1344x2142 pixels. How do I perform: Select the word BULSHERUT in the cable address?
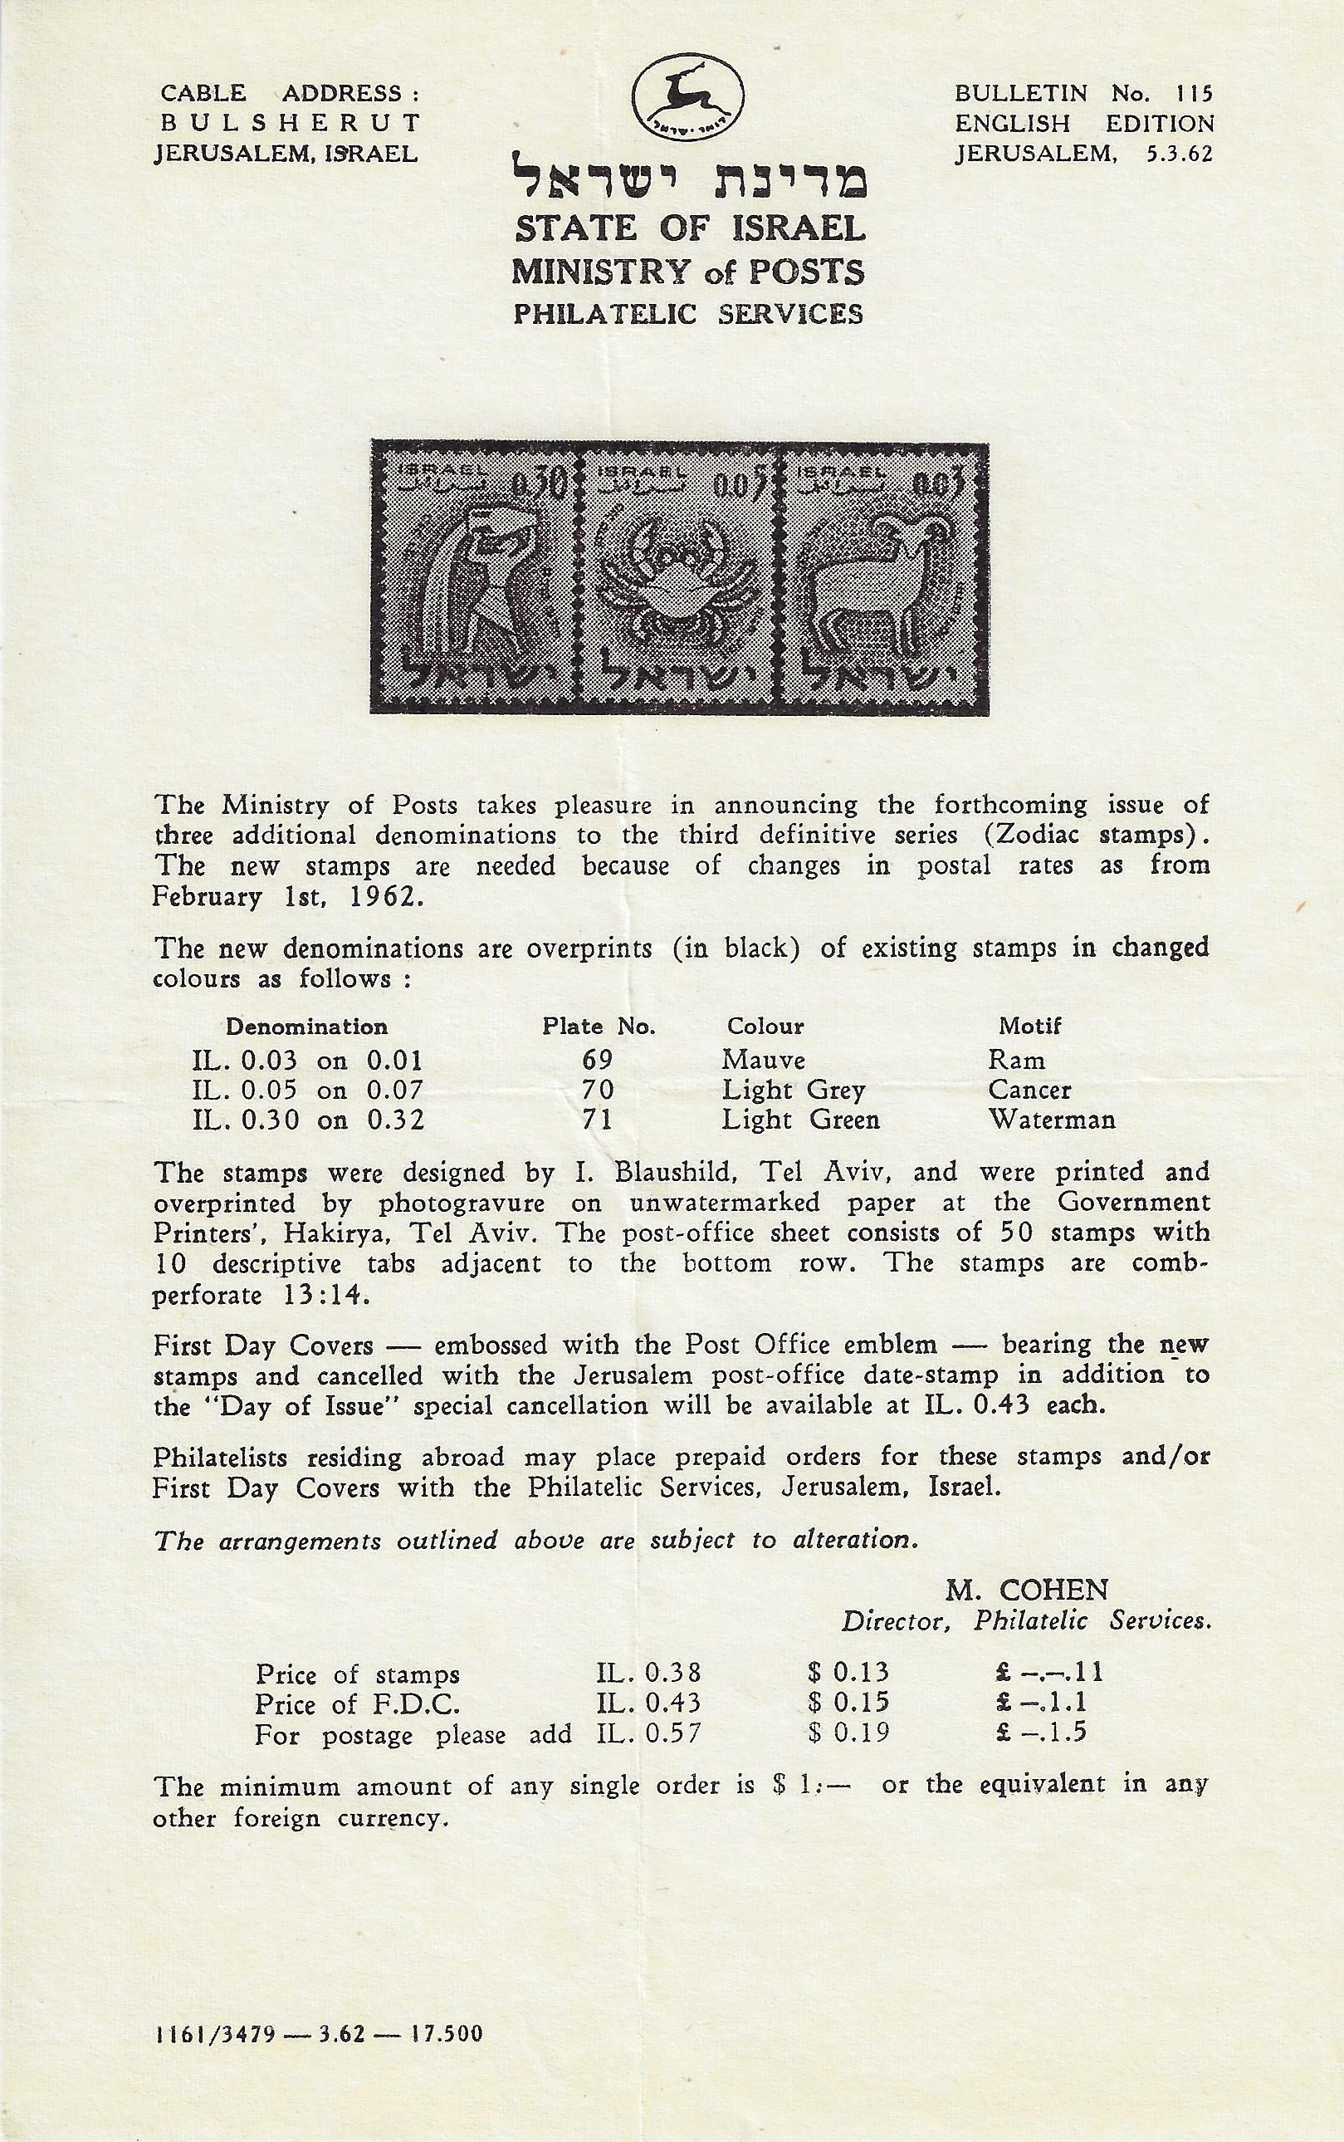[286, 124]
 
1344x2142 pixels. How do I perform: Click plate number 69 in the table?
[599, 1060]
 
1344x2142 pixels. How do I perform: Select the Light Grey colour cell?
[792, 1091]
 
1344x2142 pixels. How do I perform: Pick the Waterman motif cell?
[1052, 1120]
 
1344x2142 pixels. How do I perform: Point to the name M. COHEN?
[1026, 1589]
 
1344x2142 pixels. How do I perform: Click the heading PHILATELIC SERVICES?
[688, 314]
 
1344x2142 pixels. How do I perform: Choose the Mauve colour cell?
[763, 1060]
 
